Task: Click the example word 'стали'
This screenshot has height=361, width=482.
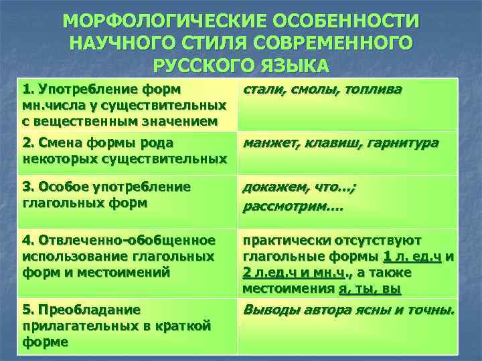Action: (262, 90)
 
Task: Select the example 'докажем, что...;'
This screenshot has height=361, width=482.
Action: (299, 188)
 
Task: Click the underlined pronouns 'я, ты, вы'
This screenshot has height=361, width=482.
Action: (369, 289)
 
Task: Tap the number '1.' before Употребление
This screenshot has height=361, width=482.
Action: (29, 89)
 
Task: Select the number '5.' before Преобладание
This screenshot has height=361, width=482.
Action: (29, 310)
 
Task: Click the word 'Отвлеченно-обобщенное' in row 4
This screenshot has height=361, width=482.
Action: (127, 240)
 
